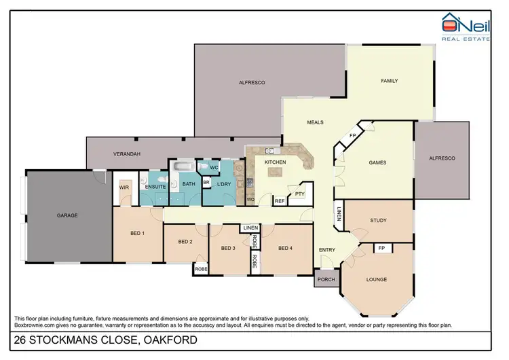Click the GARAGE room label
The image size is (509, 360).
(x=67, y=215)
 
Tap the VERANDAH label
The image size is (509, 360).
(x=126, y=154)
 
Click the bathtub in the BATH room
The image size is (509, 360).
(x=183, y=167)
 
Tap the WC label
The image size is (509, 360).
(x=213, y=167)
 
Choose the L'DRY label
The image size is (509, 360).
(x=224, y=185)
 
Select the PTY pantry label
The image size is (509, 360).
(x=299, y=194)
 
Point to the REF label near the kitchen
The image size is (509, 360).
(x=279, y=201)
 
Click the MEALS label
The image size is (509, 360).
(x=315, y=122)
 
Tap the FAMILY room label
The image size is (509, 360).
(x=389, y=81)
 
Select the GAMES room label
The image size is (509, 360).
(x=377, y=162)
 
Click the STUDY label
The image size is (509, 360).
(x=378, y=220)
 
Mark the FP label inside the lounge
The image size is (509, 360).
(x=382, y=249)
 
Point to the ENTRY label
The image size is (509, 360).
(x=327, y=250)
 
